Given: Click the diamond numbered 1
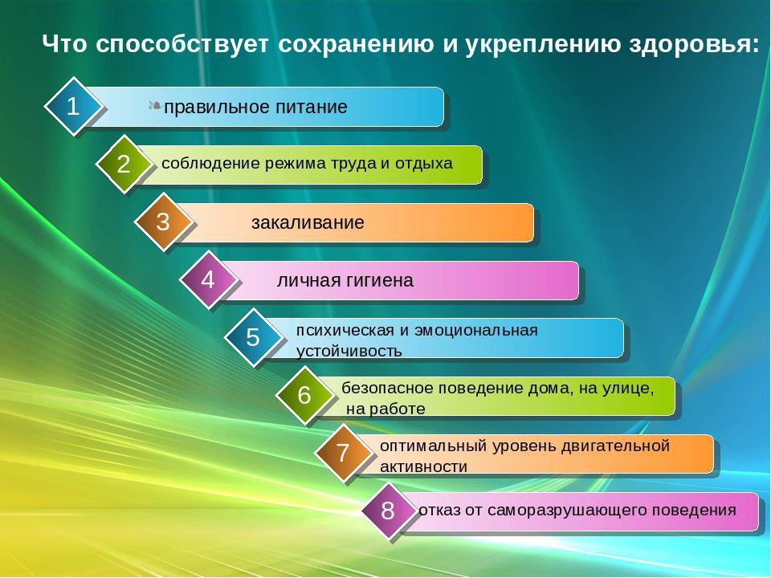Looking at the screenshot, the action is (x=73, y=106).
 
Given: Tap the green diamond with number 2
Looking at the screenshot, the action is (x=124, y=163).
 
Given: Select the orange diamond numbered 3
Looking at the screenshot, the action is (x=163, y=222).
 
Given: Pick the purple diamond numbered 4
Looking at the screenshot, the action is (x=207, y=279).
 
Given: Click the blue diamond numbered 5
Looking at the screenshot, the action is (x=253, y=337).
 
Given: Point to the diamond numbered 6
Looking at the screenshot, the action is (x=304, y=395).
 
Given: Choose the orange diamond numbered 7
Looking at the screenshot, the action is (x=343, y=452).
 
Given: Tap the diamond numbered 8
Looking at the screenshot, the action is (x=388, y=511).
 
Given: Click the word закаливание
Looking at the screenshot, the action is (x=308, y=222).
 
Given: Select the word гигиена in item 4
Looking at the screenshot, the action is (x=380, y=281).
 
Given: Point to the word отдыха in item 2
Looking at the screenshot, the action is (x=424, y=164).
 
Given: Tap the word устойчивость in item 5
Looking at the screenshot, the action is (x=349, y=352).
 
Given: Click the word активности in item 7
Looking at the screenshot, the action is (x=423, y=466).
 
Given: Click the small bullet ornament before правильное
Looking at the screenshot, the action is (x=155, y=106).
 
